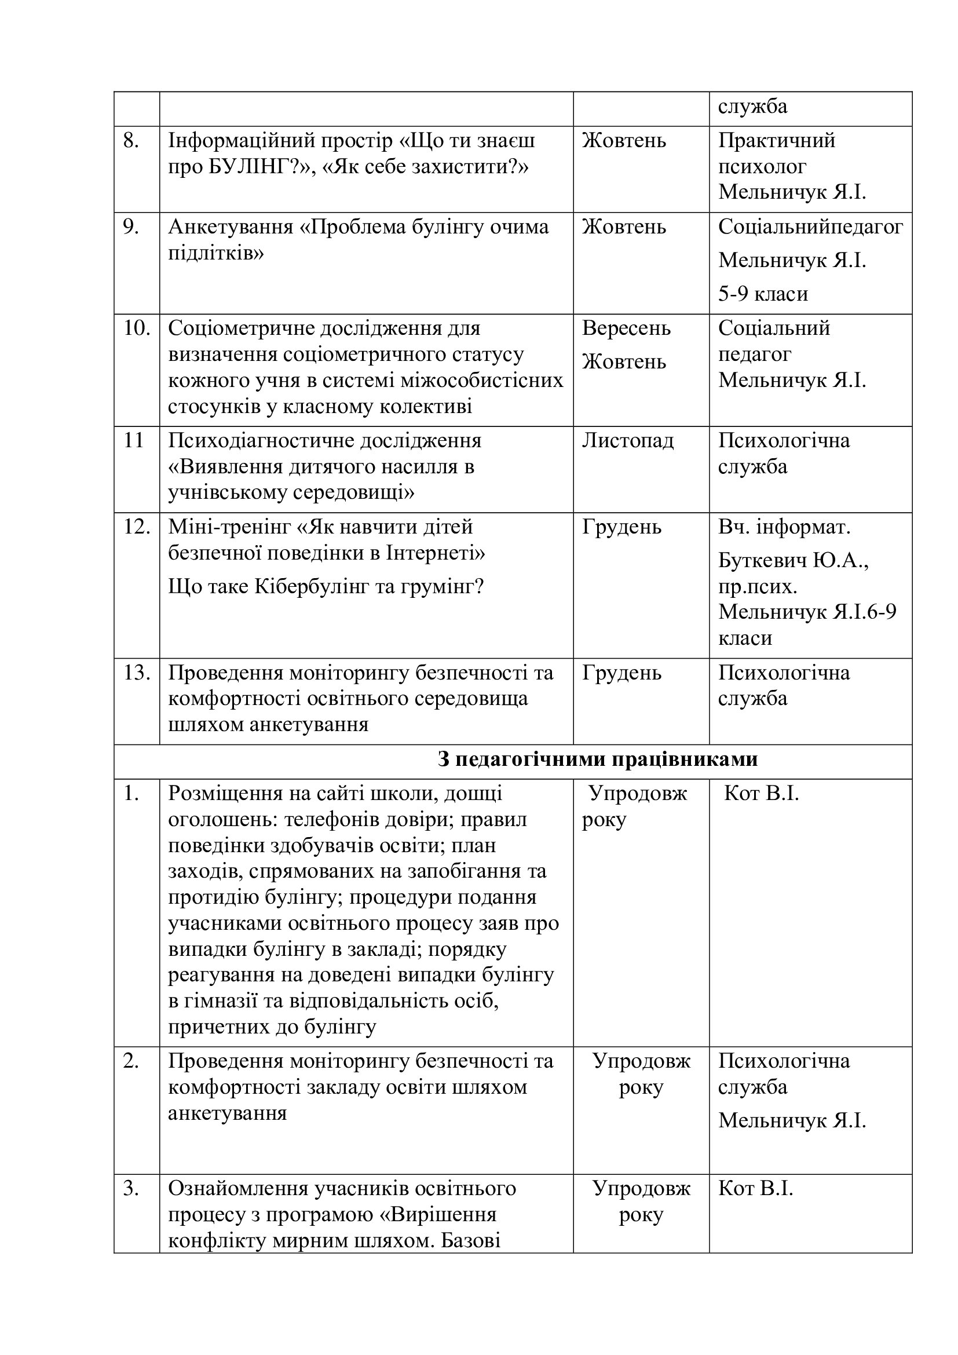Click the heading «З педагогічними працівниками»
[598, 759]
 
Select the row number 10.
[137, 328]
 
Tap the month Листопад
[628, 441]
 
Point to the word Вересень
[627, 328]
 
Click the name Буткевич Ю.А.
[793, 560]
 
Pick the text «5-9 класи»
[763, 294]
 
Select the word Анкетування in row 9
[231, 227]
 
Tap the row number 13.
[137, 673]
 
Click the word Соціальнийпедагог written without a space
[810, 227]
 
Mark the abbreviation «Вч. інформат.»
[784, 527]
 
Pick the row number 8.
[131, 141]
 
